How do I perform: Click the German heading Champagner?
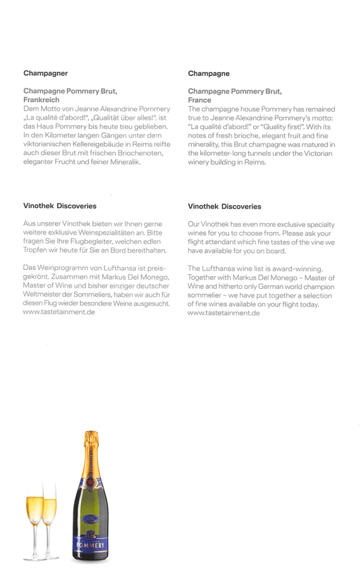pyautogui.click(x=45, y=73)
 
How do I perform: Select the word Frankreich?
pyautogui.click(x=41, y=100)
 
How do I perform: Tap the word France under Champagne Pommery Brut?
pyautogui.click(x=199, y=100)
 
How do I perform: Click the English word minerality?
pyautogui.click(x=206, y=145)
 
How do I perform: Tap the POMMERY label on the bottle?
pyautogui.click(x=91, y=543)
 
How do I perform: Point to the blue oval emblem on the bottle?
pyautogui.click(x=90, y=519)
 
